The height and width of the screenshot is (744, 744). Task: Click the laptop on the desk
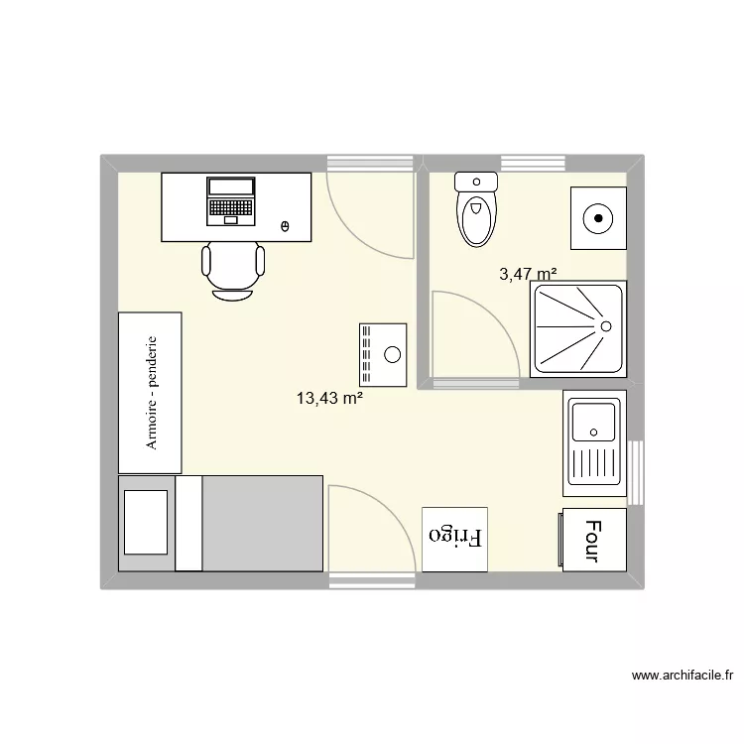230,200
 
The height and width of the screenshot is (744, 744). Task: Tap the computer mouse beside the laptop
286,227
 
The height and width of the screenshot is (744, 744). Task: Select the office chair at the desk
234,269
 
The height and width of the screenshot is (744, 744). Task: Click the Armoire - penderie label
152,392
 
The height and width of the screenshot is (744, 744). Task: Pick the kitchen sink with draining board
593,440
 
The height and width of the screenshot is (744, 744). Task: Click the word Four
593,541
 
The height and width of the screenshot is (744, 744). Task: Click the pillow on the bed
146,522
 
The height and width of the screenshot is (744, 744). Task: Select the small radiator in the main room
383,354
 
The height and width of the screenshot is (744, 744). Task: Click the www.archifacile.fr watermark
682,679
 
